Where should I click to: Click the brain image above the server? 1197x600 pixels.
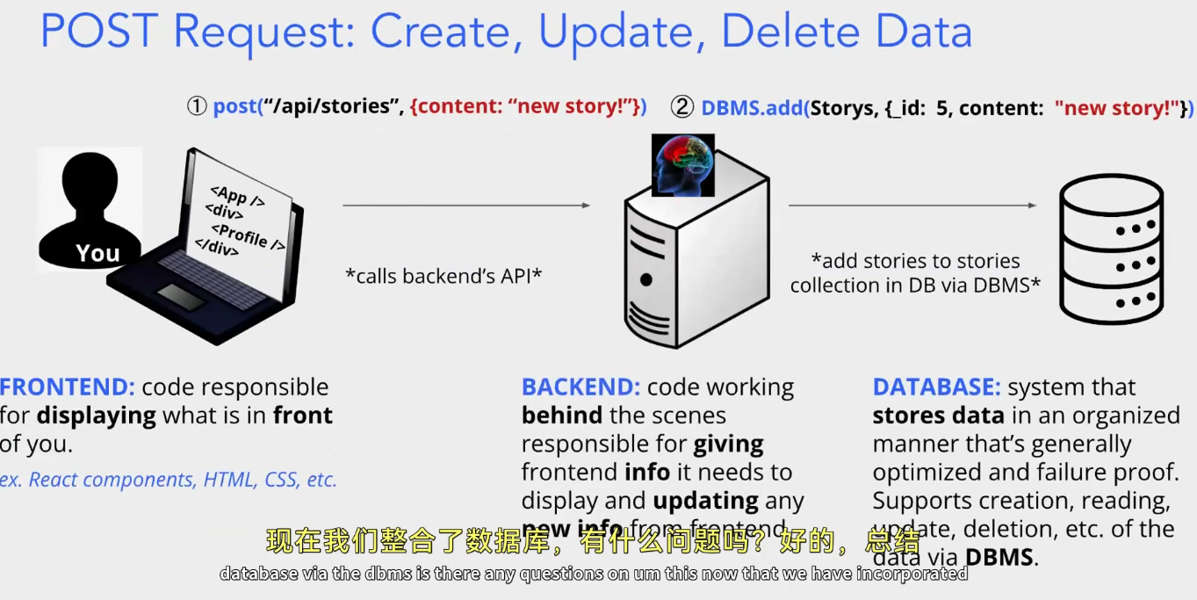coord(682,165)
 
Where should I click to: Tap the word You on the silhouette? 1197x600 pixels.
coord(97,254)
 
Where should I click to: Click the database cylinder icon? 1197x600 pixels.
coord(1111,250)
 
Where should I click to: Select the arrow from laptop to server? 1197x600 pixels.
coord(465,206)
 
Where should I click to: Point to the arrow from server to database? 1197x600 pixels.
coord(912,206)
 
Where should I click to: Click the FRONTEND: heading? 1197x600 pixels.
coord(68,387)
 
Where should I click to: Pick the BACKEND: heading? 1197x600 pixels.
coord(581,387)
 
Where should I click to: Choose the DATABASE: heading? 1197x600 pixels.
coord(936,387)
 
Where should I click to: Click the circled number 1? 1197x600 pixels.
coord(196,107)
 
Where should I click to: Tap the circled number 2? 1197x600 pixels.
coord(681,107)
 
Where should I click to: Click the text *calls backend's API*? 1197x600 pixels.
coord(443,276)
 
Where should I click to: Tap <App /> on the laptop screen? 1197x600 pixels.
coord(237,196)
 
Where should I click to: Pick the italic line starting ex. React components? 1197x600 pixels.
coord(169,480)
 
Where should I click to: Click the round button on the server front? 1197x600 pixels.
coord(646,281)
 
